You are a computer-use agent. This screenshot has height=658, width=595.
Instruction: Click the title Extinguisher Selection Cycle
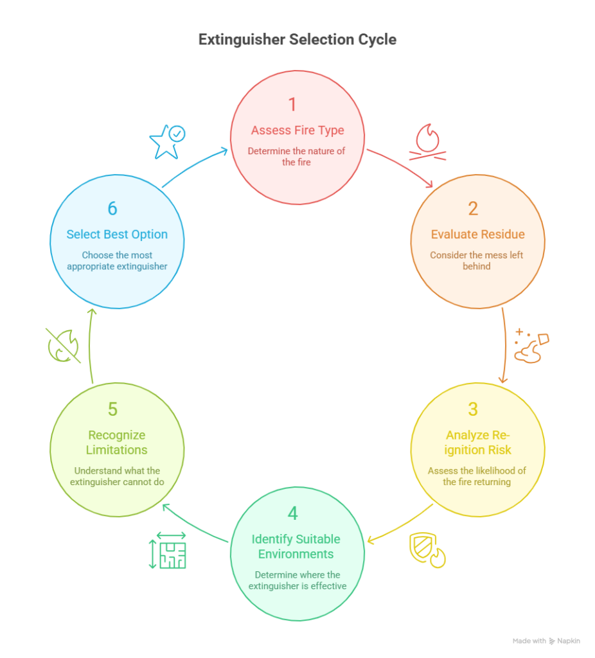[x=297, y=39]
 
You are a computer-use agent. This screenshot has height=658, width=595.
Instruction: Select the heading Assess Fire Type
[x=297, y=130]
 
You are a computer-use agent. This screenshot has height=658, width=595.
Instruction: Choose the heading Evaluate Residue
[x=477, y=235]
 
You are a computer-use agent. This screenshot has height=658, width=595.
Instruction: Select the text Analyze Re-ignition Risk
[x=477, y=442]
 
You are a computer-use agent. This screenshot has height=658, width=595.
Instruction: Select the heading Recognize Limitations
[x=117, y=442]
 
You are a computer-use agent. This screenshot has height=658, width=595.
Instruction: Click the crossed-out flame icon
[x=63, y=346]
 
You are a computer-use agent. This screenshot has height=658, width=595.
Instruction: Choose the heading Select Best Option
[x=117, y=235]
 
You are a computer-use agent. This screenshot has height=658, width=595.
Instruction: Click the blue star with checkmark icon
[x=166, y=141]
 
